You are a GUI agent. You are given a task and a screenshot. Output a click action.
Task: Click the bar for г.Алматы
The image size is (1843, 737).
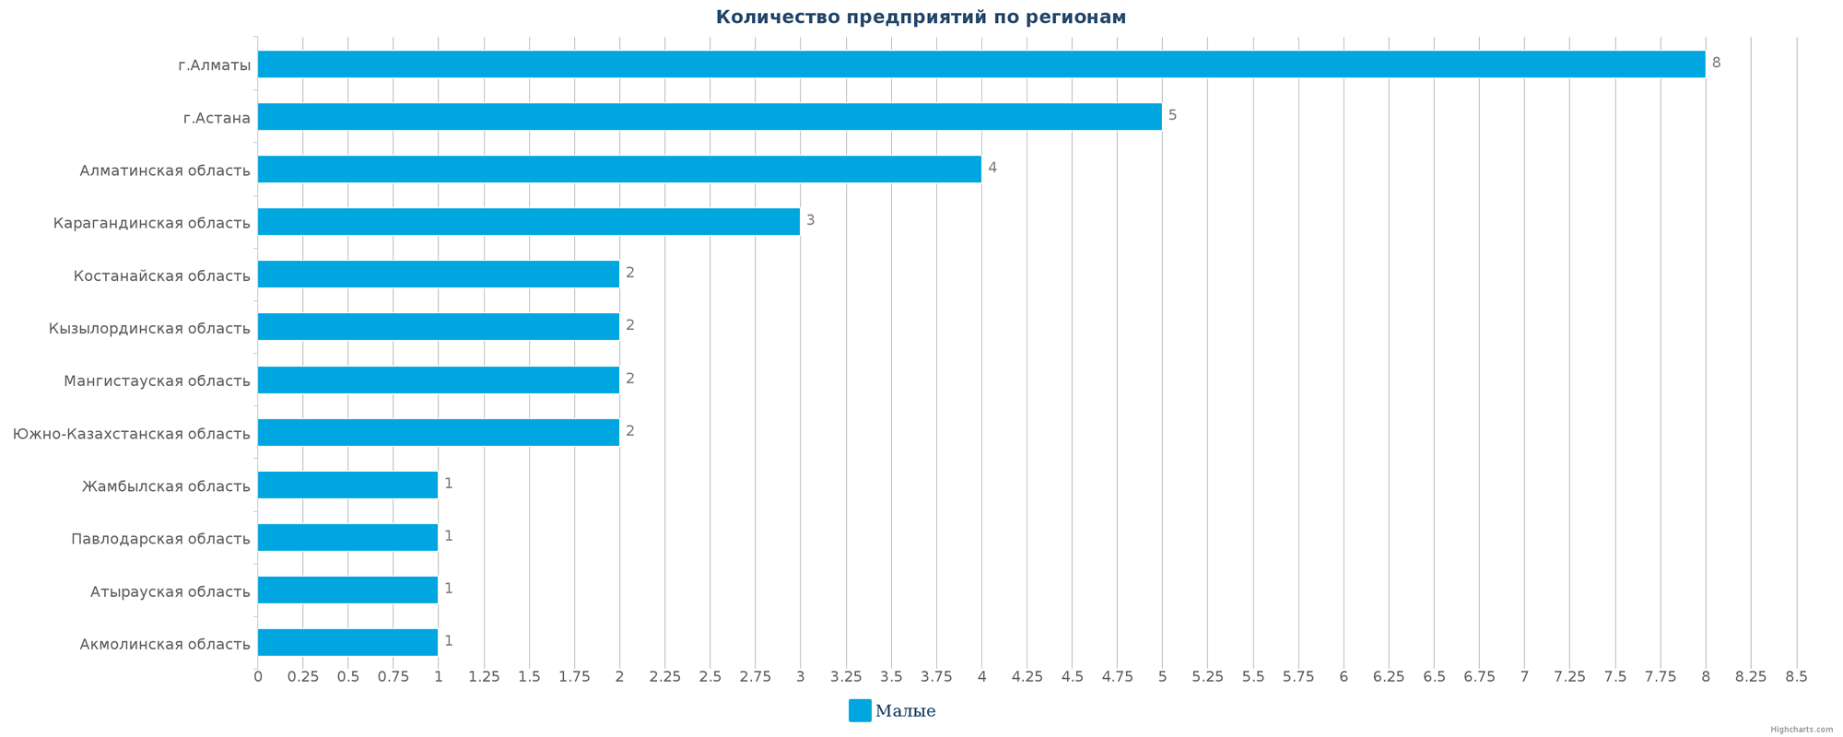tap(981, 64)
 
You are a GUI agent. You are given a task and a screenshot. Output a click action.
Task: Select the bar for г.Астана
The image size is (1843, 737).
tap(710, 117)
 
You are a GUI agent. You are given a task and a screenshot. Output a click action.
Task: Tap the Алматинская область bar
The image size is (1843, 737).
tap(619, 170)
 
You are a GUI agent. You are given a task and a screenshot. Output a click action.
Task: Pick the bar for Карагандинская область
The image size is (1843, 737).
tap(529, 222)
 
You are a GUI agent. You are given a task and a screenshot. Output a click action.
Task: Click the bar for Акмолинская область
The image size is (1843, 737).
tap(347, 642)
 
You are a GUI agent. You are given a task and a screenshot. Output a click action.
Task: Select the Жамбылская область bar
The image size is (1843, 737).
tap(347, 485)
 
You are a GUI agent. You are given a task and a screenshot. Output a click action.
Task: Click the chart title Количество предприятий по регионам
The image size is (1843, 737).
tap(921, 18)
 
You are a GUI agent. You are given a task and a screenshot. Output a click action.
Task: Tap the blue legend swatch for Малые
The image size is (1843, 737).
tap(860, 710)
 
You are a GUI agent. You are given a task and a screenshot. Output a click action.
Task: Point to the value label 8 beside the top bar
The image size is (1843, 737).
tap(1716, 63)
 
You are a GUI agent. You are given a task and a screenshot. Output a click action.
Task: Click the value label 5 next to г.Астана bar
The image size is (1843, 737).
tap(1172, 115)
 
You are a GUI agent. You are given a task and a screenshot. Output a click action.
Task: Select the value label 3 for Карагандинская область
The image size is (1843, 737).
tap(810, 220)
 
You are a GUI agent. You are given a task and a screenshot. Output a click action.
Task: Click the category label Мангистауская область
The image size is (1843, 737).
tap(157, 380)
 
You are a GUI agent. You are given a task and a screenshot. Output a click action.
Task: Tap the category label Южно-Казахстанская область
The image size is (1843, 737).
tap(131, 433)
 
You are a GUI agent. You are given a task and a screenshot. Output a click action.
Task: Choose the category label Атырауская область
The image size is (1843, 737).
tap(170, 591)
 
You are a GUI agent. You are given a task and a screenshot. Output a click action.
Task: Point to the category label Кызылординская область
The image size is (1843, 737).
tap(149, 328)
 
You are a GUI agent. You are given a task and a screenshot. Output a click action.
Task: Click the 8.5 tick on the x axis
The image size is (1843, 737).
tap(1796, 677)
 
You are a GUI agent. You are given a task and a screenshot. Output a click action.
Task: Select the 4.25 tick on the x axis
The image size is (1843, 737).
tap(1027, 677)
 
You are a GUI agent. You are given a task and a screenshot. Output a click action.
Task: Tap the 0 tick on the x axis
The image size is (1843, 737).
tap(258, 677)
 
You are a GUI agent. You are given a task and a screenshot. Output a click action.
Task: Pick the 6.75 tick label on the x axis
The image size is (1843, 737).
tap(1479, 677)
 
